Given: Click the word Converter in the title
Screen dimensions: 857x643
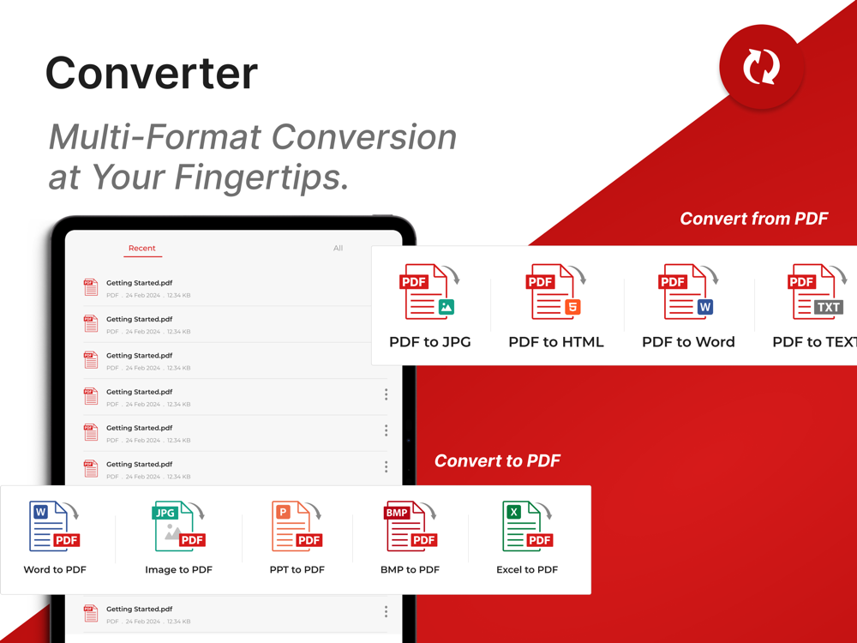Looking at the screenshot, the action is point(152,73).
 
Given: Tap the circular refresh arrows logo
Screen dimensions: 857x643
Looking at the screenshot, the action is point(761,67).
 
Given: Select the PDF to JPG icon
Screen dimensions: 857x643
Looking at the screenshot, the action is point(429,291).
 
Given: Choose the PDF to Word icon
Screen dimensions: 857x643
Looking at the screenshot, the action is point(688,291).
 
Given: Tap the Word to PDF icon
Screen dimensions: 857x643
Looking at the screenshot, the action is point(54,526).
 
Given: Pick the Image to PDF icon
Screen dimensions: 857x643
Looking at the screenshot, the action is point(179,526).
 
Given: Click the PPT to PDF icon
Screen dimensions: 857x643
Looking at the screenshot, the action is point(297,526).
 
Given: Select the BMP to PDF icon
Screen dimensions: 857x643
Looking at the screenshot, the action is point(411,526).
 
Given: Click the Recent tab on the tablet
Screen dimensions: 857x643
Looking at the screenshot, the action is point(142,249).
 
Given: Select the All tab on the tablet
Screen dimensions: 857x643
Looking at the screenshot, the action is point(339,249).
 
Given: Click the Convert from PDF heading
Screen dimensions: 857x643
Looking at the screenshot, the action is point(753,219).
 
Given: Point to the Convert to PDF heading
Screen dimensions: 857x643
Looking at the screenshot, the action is point(497,461).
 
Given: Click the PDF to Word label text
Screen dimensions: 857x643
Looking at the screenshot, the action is point(688,342).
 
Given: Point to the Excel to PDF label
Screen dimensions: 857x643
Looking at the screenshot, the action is point(527,570).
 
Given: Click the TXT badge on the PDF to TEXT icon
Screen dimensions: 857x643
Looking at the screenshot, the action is point(828,307).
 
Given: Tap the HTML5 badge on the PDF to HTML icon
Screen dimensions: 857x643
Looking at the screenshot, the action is point(572,307).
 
